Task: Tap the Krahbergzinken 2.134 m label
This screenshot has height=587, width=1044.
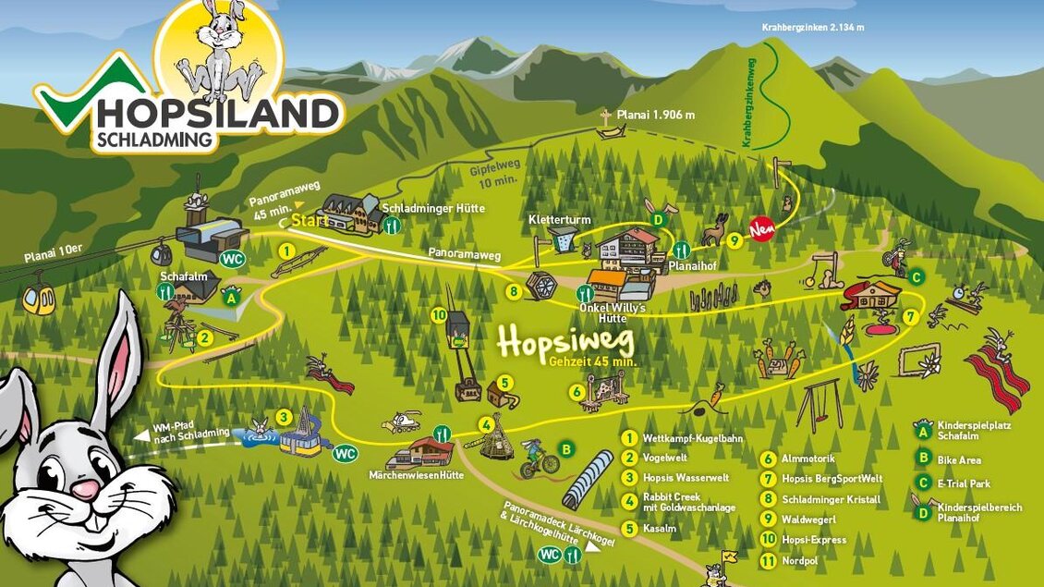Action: click(813, 27)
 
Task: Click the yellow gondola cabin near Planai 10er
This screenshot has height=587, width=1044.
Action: click(39, 300)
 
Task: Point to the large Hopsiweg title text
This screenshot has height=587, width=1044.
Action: click(565, 340)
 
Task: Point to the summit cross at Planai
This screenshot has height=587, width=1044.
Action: click(605, 117)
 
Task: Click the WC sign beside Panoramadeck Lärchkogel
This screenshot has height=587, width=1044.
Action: click(549, 554)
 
